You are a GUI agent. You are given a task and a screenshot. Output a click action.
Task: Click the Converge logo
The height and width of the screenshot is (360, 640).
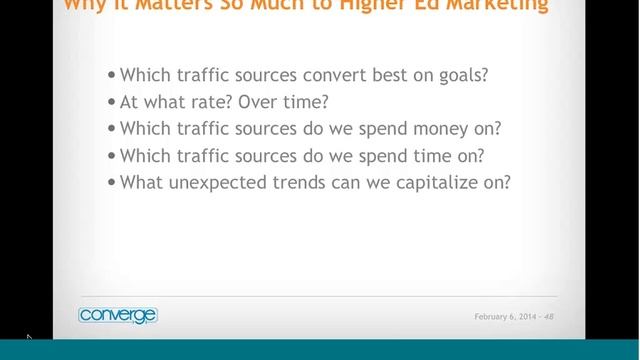[118, 316]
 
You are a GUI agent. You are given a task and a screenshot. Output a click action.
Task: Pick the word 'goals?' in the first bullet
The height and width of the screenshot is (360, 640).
[462, 75]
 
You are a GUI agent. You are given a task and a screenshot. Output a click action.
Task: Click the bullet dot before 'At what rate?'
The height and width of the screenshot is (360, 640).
[111, 102]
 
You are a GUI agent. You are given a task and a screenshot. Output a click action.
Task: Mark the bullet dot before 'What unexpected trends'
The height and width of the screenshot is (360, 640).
[111, 183]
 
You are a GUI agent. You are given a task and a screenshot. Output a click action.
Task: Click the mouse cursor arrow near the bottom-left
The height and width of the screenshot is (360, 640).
[29, 339]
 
